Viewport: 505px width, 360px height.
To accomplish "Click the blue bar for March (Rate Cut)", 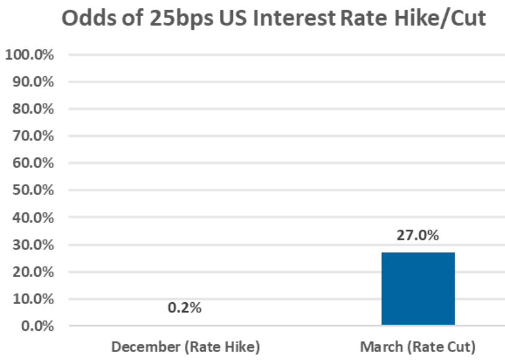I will (417, 289).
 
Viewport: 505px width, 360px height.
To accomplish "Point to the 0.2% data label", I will (184, 308).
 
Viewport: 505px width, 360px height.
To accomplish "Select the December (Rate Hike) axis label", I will (185, 346).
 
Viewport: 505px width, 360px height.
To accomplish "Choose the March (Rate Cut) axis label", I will (417, 346).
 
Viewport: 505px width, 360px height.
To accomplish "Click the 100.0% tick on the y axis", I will (30, 55).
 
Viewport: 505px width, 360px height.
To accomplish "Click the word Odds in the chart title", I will (87, 20).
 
